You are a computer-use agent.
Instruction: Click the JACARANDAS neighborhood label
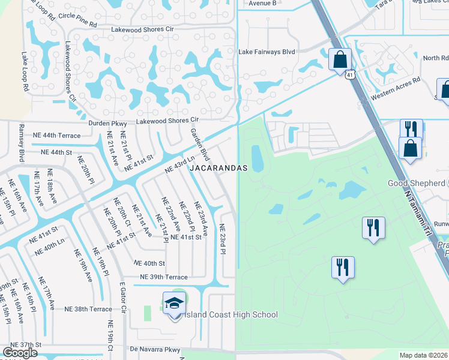(218, 169)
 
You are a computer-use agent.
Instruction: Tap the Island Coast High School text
(232, 314)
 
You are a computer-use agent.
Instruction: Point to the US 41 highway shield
(350, 73)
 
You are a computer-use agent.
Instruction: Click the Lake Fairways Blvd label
(267, 52)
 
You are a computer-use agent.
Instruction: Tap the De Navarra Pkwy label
(155, 349)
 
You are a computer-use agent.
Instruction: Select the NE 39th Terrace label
(163, 277)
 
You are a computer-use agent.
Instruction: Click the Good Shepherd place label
(421, 183)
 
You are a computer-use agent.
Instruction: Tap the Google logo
(19, 353)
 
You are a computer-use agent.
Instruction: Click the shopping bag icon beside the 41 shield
(340, 59)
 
